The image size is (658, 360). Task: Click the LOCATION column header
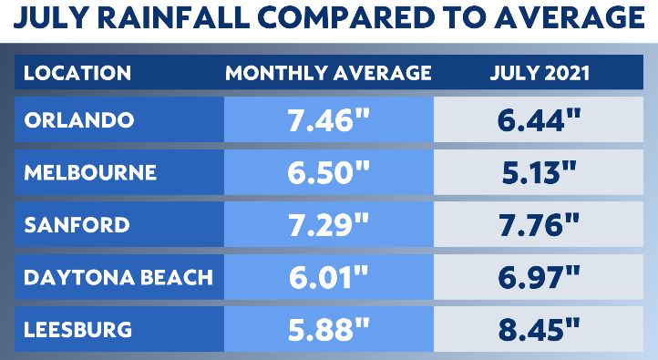pos(77,73)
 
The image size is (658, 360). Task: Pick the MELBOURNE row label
pos(89,172)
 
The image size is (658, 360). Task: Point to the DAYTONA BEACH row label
pos(117,276)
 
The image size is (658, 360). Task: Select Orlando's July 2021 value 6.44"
pos(540,120)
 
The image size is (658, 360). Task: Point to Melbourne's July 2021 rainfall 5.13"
pos(540,172)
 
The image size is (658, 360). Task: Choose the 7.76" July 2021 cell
pos(540,224)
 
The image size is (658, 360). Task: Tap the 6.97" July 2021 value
pos(540,276)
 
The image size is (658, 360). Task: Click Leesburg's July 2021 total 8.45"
pos(540,328)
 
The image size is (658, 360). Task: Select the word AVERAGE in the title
pos(560,19)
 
